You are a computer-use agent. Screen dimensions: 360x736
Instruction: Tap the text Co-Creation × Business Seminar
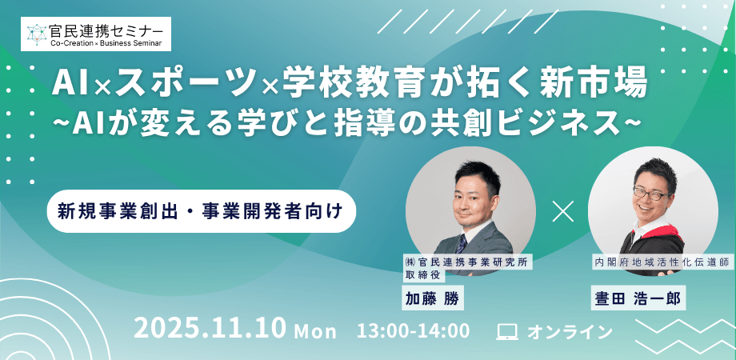(x=107, y=42)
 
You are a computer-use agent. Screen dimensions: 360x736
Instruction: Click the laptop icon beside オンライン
(x=507, y=330)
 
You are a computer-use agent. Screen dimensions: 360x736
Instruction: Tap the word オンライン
(x=569, y=330)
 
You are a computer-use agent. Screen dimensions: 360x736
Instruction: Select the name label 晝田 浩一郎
(x=637, y=298)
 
